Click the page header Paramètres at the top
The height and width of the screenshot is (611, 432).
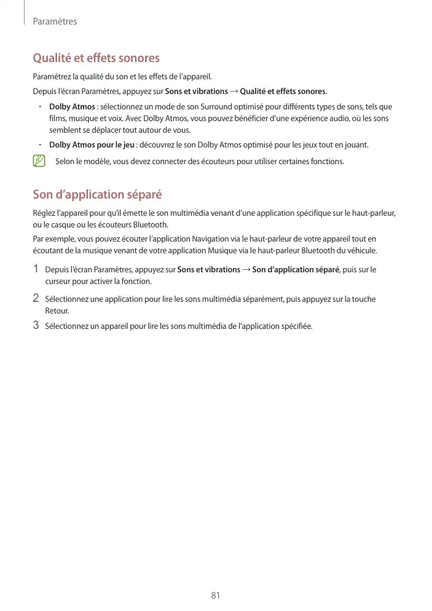55,22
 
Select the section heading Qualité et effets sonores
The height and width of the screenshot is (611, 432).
96,58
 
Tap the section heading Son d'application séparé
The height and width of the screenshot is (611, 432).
97,195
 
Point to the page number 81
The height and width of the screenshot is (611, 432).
216,596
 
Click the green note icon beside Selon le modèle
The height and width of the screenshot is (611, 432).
39,162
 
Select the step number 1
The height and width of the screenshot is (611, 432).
36,269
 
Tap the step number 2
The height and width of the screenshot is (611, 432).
36,299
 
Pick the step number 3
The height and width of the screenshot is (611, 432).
36,325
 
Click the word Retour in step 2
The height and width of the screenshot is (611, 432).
57,311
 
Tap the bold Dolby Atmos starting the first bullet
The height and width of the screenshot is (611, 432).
72,107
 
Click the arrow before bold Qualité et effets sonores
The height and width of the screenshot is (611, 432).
234,92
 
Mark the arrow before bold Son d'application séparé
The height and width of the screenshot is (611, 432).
246,270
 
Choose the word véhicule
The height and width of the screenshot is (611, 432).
361,250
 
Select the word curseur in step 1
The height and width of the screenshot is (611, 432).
58,282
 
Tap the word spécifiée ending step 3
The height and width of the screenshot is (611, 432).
297,326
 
